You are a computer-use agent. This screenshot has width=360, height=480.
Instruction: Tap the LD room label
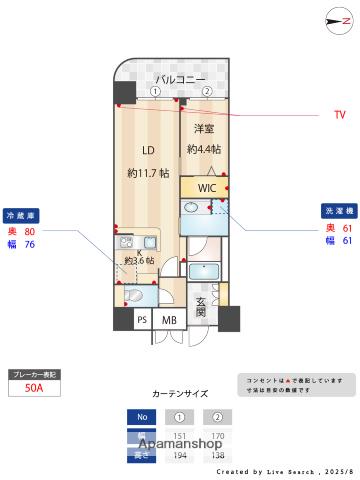tap(147, 151)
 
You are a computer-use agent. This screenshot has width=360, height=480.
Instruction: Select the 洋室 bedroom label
tap(204, 130)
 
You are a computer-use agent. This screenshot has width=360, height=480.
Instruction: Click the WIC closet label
tap(206, 188)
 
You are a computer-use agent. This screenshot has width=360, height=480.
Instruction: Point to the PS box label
tap(142, 320)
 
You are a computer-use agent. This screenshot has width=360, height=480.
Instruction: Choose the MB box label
tap(169, 320)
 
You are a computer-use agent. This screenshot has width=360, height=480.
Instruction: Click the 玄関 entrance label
tap(200, 307)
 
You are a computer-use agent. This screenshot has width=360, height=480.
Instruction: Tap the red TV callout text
tap(339, 115)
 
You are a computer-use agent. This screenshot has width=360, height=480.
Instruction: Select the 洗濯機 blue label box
tap(336, 212)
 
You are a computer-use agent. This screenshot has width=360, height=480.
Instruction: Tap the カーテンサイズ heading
tap(180, 394)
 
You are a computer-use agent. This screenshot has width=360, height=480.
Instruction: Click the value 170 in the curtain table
tap(215, 434)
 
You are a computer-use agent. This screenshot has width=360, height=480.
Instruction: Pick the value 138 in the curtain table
tap(215, 454)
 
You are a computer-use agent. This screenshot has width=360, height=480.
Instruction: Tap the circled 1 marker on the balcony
tap(155, 91)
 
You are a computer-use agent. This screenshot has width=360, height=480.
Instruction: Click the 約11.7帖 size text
tap(147, 173)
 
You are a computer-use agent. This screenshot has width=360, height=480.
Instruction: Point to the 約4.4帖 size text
tap(204, 150)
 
